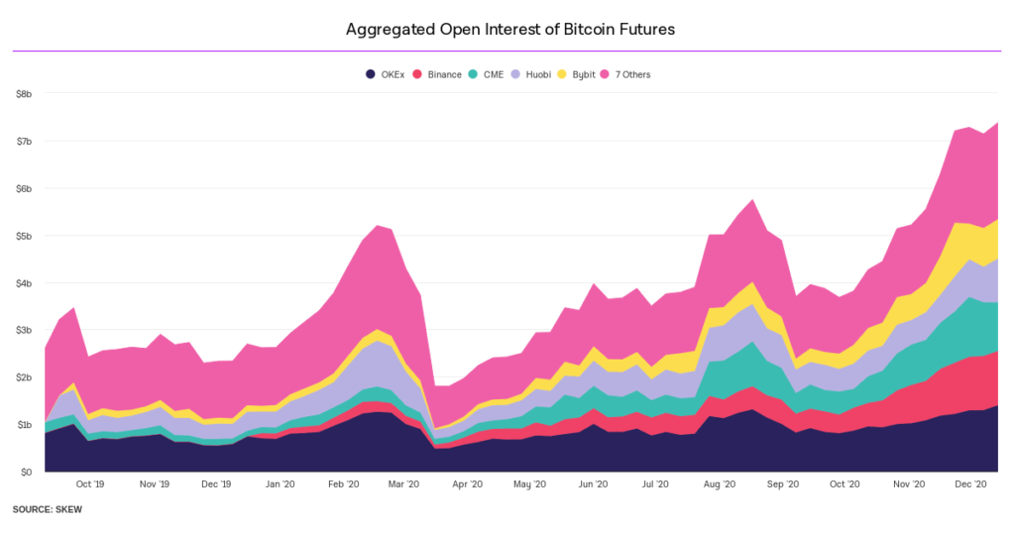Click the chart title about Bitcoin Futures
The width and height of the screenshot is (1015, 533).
point(509,30)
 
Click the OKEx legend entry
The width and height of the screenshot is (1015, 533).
point(393,74)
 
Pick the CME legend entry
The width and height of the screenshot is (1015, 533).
point(493,74)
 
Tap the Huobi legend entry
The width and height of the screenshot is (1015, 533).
point(536,74)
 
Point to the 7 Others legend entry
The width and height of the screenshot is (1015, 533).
point(632,74)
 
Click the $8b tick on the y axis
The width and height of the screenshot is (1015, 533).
point(24,94)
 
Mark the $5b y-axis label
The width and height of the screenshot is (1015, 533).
point(24,236)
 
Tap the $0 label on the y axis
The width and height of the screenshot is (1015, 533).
point(28,472)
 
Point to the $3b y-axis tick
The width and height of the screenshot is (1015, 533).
point(24,330)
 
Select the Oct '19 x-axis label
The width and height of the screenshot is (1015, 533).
point(90,484)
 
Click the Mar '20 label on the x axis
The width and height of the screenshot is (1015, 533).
point(404,484)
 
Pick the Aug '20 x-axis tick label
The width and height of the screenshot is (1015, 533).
point(719,484)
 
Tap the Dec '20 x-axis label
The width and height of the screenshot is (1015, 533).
point(970,484)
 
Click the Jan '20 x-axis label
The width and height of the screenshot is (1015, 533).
point(281,484)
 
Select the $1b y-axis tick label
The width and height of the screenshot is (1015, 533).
point(24,424)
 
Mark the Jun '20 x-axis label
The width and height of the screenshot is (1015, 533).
point(593,484)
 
